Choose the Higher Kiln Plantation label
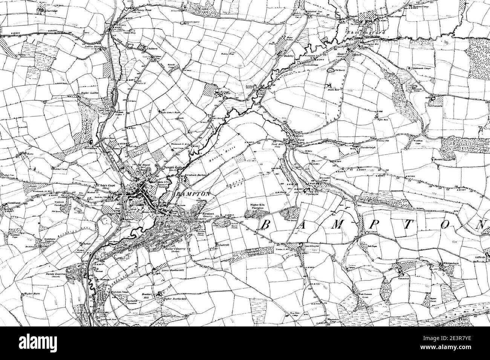[258, 207]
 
